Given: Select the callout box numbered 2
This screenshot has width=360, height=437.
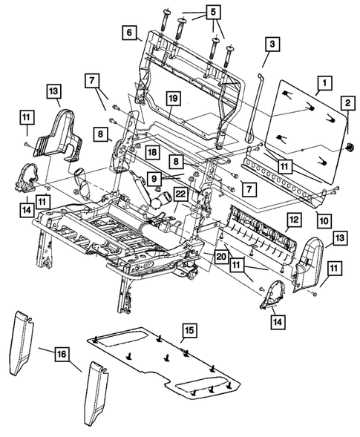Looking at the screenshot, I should [347, 105].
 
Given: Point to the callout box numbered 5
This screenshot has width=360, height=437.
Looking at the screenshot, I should [213, 13].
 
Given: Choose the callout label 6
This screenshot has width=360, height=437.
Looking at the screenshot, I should [129, 33].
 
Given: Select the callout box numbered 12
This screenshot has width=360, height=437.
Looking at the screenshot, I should [294, 220].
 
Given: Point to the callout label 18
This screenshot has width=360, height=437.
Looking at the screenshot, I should [151, 151].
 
